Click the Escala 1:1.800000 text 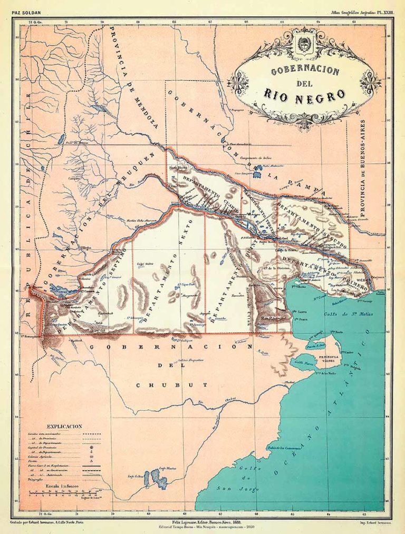pyautogui.click(x=62, y=483)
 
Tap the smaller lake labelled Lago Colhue pyautogui.click(x=140, y=480)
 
